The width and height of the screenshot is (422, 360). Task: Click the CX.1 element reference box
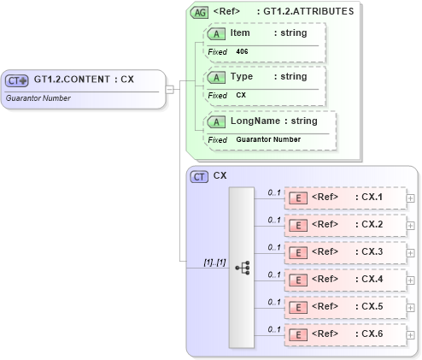point(344,198)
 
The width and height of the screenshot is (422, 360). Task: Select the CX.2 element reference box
point(344,226)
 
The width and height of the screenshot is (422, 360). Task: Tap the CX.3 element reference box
point(344,252)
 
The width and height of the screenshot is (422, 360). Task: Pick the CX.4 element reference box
point(344,280)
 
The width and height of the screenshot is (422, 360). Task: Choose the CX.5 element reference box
point(344,307)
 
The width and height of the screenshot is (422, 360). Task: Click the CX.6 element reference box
point(344,334)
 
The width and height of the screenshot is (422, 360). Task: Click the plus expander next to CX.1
point(411,198)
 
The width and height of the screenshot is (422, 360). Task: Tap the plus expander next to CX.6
point(411,334)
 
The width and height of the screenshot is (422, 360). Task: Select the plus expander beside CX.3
point(411,252)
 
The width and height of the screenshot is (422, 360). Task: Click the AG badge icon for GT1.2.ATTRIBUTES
point(199,13)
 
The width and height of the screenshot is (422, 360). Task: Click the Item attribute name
point(240,32)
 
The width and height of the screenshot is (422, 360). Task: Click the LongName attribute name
point(253,121)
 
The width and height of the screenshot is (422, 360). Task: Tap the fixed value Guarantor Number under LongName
point(268,139)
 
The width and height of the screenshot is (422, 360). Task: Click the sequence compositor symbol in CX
point(241,266)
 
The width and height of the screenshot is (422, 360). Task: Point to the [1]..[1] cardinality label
point(214,262)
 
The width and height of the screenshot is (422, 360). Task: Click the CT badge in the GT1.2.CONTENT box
point(17,80)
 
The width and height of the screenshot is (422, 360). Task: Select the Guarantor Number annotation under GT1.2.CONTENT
point(38,98)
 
